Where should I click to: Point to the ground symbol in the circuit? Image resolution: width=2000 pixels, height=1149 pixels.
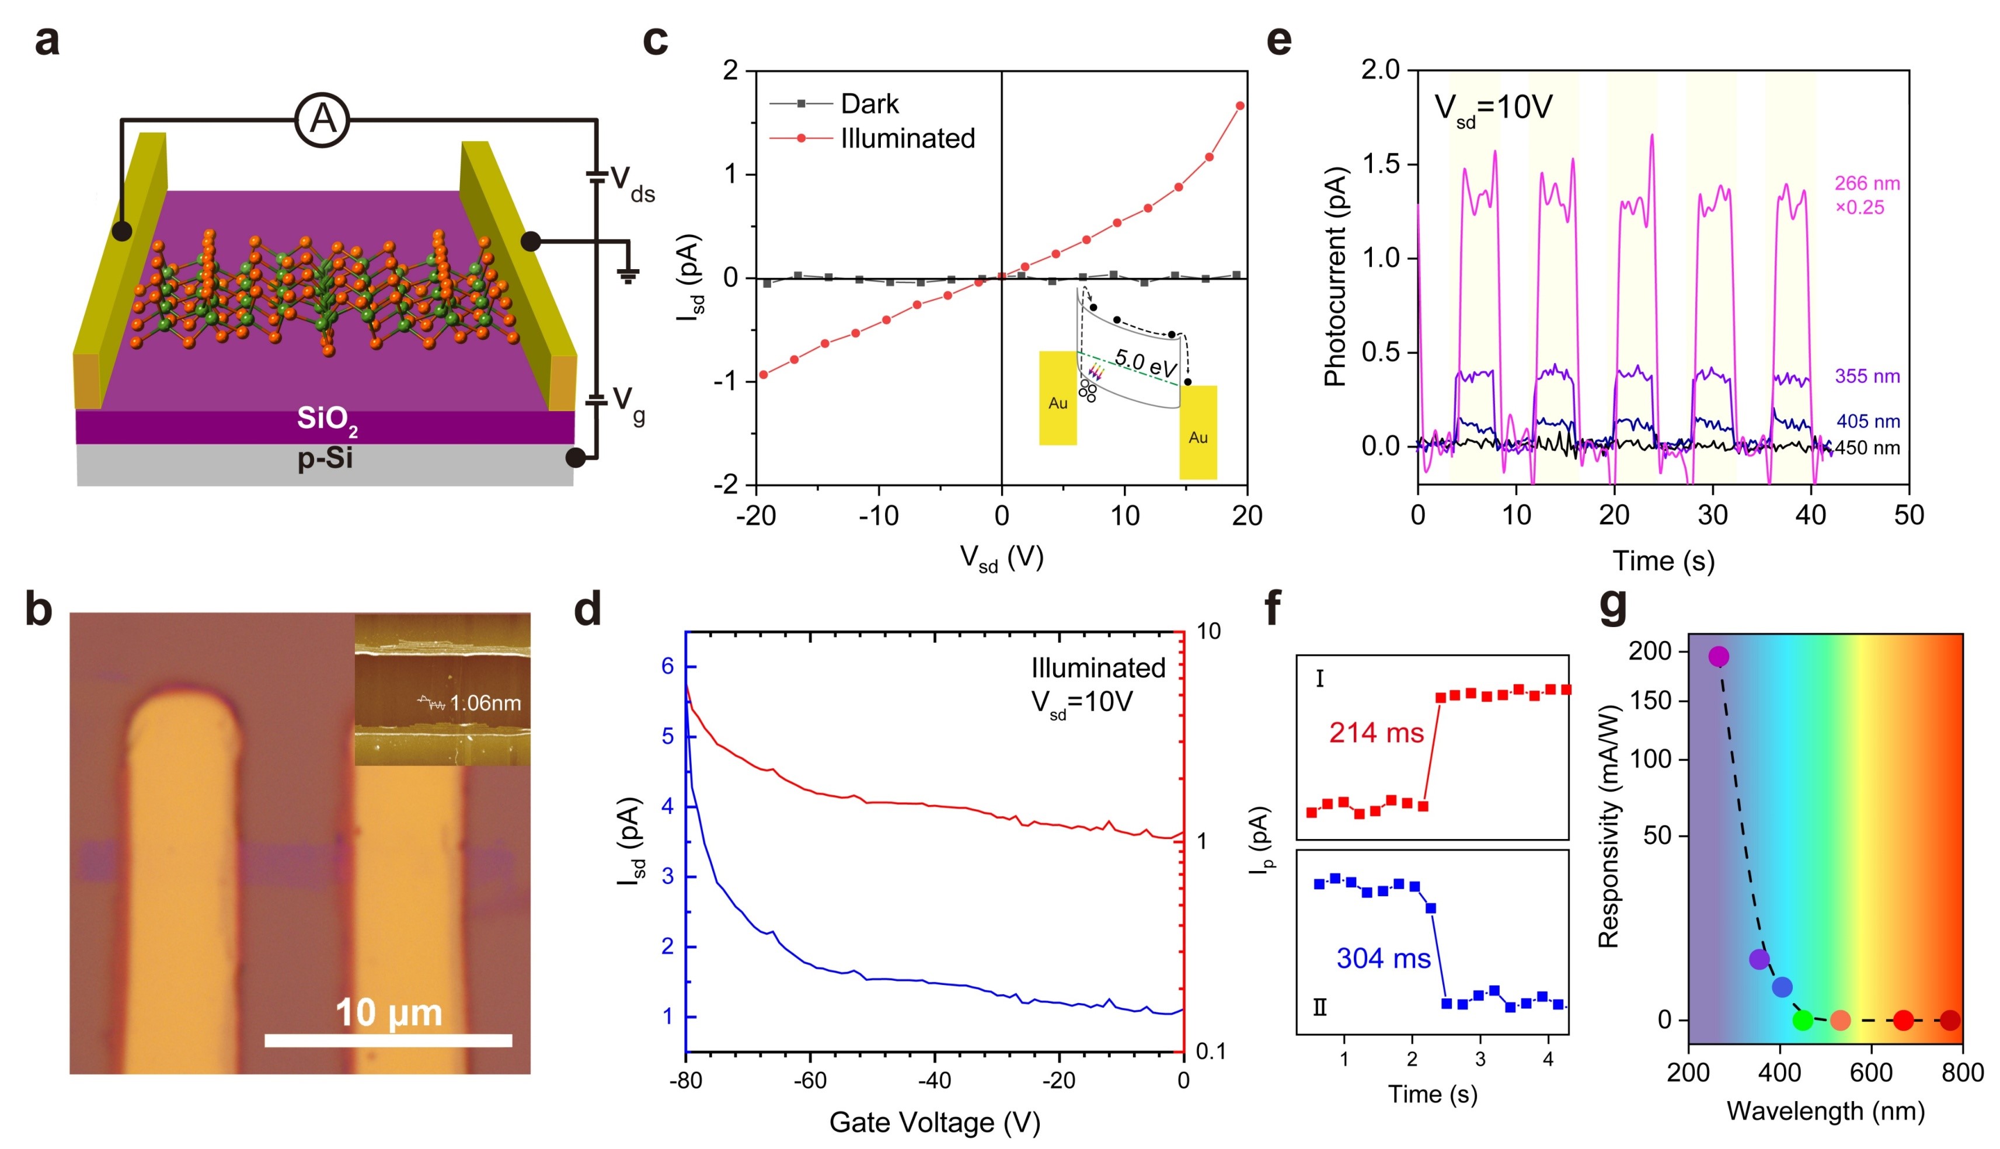(628, 274)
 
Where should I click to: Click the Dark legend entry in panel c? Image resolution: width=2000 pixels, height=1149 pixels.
(869, 103)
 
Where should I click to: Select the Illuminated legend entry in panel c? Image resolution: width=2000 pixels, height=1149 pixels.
(907, 138)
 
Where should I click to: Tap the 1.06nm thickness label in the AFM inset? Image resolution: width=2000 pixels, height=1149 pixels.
(485, 702)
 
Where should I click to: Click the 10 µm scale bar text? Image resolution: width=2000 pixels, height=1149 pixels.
(389, 1012)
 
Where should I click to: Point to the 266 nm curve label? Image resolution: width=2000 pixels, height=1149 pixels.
(1867, 184)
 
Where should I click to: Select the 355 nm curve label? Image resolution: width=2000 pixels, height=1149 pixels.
(1867, 377)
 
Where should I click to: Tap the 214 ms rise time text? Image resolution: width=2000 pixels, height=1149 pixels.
(1376, 733)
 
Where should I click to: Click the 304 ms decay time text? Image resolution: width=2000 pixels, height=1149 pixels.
(1383, 958)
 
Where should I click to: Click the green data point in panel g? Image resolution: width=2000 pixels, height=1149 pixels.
(1803, 1021)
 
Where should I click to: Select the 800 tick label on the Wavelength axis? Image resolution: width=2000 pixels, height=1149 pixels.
(1962, 1073)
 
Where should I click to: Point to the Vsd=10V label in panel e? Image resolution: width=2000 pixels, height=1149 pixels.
(1493, 107)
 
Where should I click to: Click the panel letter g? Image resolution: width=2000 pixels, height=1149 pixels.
(1614, 606)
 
